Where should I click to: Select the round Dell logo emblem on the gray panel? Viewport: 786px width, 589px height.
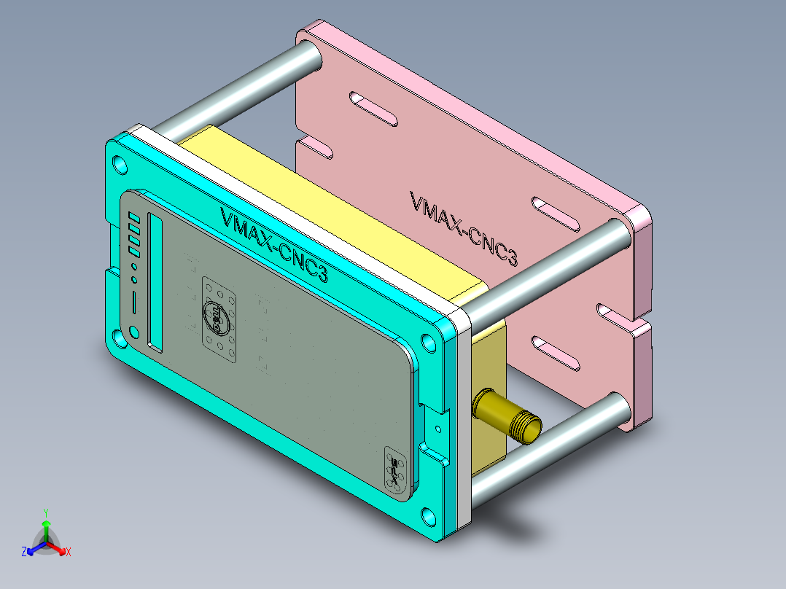point(217,317)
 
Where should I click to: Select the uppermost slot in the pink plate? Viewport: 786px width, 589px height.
point(373,109)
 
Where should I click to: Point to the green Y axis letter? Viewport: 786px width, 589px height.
point(45,512)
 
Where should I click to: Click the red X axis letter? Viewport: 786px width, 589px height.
point(68,553)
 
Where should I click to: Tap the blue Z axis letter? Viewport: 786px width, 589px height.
point(24,553)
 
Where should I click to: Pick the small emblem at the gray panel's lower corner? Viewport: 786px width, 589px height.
point(394,467)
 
